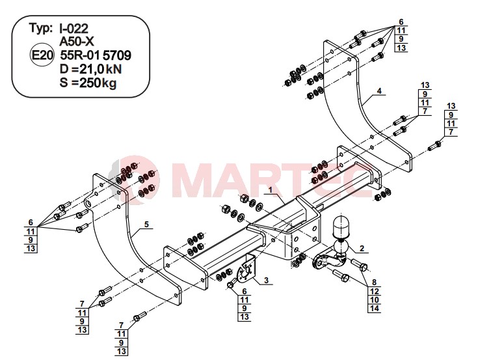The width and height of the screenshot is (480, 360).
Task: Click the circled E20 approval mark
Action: tap(42, 55)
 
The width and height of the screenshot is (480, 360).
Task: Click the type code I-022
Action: tap(73, 29)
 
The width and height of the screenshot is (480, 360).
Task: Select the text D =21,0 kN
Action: tap(90, 69)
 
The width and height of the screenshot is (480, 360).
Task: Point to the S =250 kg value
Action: tap(88, 83)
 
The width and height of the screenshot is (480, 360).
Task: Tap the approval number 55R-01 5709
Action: tap(96, 55)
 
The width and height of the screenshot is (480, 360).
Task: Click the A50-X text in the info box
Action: tap(77, 42)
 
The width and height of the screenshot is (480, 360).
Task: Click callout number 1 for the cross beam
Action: tap(271, 190)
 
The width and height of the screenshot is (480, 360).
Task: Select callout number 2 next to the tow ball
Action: tap(362, 248)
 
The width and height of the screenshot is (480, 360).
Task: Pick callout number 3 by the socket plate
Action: tap(266, 280)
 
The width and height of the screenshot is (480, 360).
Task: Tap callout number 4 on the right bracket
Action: tap(379, 91)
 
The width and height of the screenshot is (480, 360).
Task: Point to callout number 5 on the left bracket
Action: tap(146, 225)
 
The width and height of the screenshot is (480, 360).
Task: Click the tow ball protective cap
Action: tap(340, 227)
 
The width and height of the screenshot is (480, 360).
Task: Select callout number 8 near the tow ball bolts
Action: tap(374, 282)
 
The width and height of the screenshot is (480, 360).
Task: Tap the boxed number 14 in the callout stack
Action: tap(374, 308)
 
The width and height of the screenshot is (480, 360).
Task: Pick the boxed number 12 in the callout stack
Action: tap(374, 291)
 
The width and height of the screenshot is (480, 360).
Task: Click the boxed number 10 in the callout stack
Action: tap(374, 299)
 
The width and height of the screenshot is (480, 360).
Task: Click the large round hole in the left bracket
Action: tap(88, 204)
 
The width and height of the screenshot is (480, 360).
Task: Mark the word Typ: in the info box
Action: tap(40, 28)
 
